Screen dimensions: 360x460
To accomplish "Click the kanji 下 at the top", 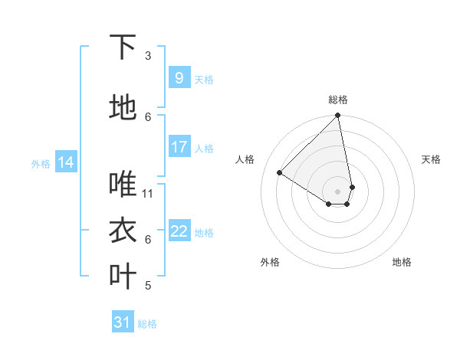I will [123, 48].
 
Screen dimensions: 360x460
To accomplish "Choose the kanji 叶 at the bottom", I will [123, 277].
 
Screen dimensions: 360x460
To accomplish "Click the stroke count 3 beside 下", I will [148, 56].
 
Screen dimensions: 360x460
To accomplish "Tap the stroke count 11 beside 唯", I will [148, 193].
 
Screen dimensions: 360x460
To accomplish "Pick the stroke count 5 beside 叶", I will [148, 286].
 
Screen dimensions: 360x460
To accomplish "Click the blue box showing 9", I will [179, 77].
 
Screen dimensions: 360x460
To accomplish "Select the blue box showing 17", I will [179, 147].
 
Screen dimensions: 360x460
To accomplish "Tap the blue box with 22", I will [179, 231].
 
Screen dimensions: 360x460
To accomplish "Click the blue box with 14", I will [66, 162].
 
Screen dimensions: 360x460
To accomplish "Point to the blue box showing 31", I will [123, 322].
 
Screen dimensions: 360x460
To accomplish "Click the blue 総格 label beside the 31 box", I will [147, 324].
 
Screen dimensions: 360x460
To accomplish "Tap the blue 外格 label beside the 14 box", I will [41, 163].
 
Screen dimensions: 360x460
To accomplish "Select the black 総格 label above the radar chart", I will [338, 100].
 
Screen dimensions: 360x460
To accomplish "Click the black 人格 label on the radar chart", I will [245, 159].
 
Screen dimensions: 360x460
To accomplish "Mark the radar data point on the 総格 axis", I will [338, 116].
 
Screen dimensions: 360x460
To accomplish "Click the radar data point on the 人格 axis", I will [280, 173].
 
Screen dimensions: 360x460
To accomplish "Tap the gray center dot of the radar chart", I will [338, 191].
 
